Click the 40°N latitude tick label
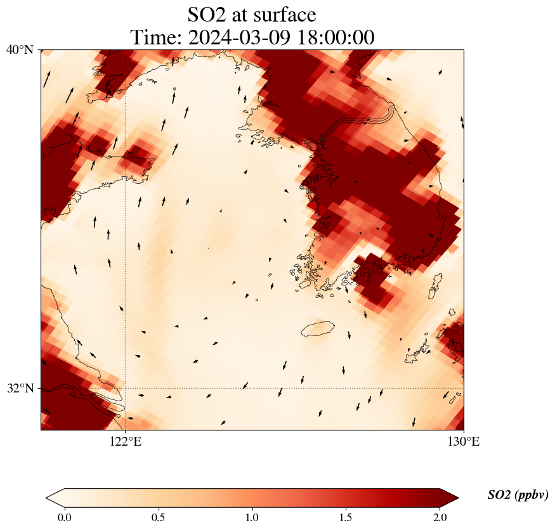pyautogui.click(x=20, y=50)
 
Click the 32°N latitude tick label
pyautogui.click(x=20, y=388)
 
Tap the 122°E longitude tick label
pyautogui.click(x=126, y=442)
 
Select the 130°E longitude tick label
pyautogui.click(x=464, y=442)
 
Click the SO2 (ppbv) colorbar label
pyautogui.click(x=518, y=495)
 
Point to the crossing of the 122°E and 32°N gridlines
pyautogui.click(x=126, y=388)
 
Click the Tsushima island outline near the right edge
pyautogui.click(x=435, y=287)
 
